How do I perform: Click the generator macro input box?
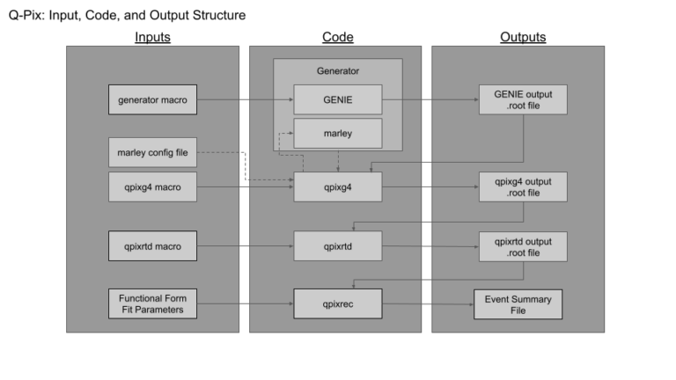tap(151, 100)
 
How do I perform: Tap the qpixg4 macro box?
tap(151, 187)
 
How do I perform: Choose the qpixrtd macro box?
tap(151, 246)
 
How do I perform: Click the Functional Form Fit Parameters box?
tap(151, 304)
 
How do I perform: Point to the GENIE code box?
tap(337, 100)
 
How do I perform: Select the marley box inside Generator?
tap(337, 134)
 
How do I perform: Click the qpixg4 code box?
tap(337, 187)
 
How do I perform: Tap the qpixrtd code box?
tap(337, 246)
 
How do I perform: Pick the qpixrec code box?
tap(337, 304)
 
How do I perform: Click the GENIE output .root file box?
tap(522, 100)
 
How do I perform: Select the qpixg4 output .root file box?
tap(522, 187)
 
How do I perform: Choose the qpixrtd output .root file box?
tap(522, 246)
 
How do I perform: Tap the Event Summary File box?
tap(518, 304)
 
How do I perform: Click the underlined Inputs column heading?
tap(152, 37)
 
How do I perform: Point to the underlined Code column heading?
tap(337, 37)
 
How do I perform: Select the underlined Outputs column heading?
tap(522, 37)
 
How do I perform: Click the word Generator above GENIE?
tap(337, 70)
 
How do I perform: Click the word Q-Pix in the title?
tap(25, 15)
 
